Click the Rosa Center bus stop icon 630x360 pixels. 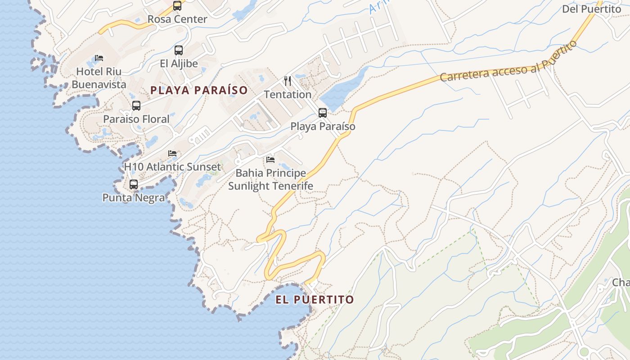(177, 6)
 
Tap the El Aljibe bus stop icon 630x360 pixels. (179, 50)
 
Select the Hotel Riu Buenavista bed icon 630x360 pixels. (99, 58)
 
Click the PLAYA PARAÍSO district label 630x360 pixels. (199, 90)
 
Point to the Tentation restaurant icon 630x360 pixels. (288, 81)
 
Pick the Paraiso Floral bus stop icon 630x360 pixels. (136, 106)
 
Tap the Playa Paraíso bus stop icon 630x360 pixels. (323, 113)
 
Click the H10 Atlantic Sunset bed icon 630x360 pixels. (172, 153)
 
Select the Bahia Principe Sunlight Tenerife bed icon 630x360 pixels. (270, 160)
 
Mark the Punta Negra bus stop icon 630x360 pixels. (134, 184)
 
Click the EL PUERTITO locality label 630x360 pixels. (315, 300)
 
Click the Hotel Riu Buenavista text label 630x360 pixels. (99, 78)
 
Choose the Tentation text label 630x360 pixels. (288, 94)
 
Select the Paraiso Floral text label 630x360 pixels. (136, 119)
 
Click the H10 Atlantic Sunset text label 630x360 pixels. (172, 166)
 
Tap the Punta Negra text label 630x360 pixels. (134, 198)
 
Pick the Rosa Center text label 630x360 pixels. (177, 19)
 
